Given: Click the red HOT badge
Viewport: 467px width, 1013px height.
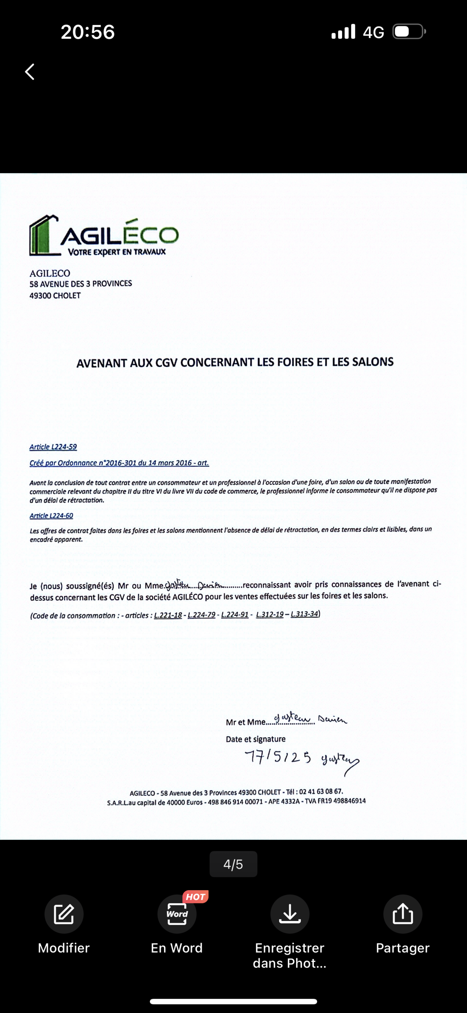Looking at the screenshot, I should (195, 897).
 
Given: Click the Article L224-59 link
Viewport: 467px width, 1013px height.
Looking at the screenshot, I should (53, 447).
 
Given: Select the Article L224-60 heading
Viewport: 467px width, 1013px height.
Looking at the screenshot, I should (51, 515).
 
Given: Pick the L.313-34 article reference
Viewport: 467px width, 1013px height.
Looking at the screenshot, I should (304, 614).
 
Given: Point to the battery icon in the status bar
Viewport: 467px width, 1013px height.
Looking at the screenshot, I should (409, 32).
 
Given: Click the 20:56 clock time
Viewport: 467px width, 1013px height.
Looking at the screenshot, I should (88, 32).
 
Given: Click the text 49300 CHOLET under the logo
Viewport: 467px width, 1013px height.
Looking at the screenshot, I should (55, 296).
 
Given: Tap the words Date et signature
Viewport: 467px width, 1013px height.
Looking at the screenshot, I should (255, 739).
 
